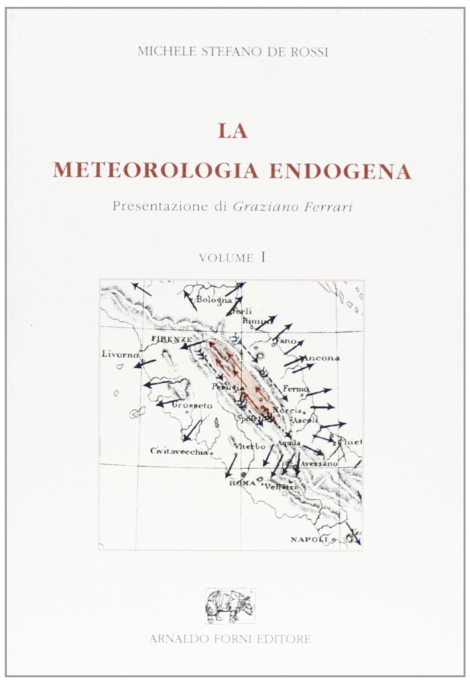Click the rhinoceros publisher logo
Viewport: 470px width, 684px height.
tap(229, 605)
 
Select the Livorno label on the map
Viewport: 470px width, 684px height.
tap(120, 354)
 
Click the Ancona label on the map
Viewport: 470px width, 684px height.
tap(322, 358)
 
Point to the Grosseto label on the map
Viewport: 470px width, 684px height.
tap(192, 404)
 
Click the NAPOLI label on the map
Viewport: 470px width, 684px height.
tap(310, 540)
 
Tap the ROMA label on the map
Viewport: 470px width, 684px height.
tap(242, 483)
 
